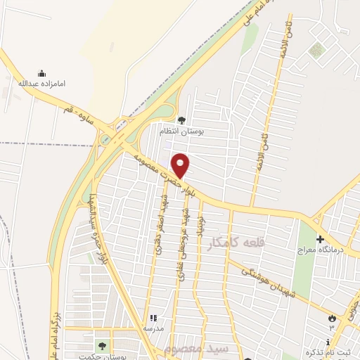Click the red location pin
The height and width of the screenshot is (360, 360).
tap(181, 165)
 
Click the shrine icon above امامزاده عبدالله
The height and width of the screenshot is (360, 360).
tap(41, 73)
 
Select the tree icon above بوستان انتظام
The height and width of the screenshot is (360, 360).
tap(181, 121)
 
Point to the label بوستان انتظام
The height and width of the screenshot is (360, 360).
tap(181, 131)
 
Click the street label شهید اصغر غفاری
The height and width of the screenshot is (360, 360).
tap(157, 227)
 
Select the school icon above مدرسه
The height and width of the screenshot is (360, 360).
tap(153, 319)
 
